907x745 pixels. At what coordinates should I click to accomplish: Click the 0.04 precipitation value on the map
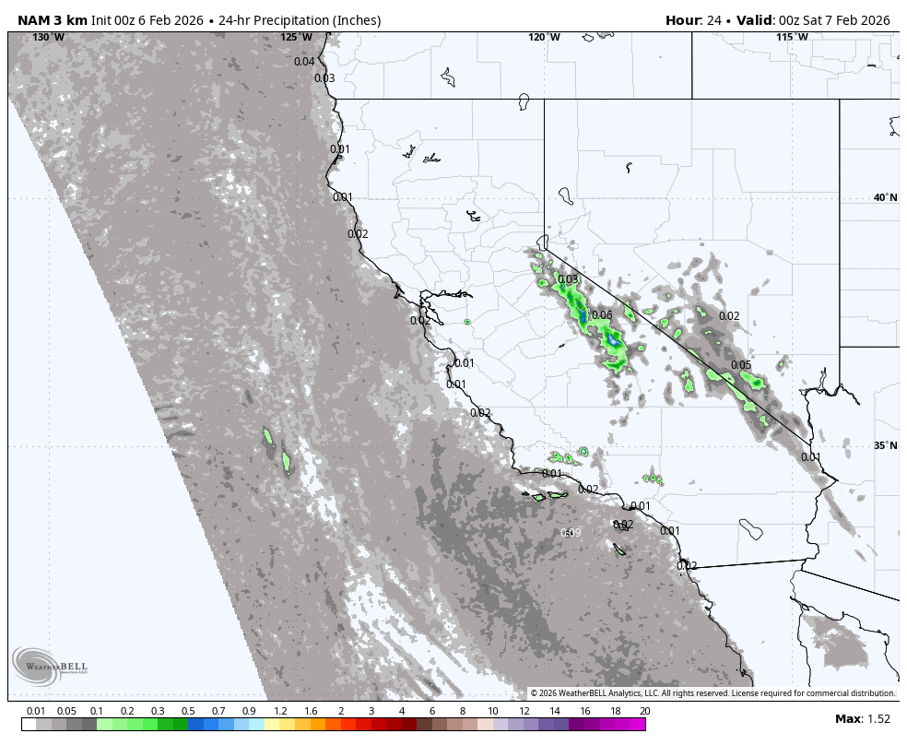coord(304,62)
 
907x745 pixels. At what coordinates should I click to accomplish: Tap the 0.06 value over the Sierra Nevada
coord(602,315)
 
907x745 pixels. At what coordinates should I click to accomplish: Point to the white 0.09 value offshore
coord(571,533)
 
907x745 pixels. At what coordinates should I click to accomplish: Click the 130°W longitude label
coord(48,38)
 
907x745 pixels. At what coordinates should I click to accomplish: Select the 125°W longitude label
coord(296,38)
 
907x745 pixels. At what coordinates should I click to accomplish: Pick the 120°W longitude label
coord(544,38)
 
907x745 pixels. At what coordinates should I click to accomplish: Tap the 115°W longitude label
coord(792,38)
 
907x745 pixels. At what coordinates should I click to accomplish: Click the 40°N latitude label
coord(885,197)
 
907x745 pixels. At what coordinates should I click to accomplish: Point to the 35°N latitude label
coord(885,446)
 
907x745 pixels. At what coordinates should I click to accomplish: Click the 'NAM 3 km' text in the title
coord(52,20)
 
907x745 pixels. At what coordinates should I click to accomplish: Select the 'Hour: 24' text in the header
coord(696,20)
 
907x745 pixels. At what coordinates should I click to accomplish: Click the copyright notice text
coord(712,693)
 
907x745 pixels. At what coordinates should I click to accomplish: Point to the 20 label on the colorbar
coord(644,711)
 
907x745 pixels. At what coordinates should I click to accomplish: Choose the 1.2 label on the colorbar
coord(280,711)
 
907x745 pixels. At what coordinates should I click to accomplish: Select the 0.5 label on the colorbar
coord(188,711)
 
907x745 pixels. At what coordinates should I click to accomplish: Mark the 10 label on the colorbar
coord(493,711)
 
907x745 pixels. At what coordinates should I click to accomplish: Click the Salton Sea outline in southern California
coord(751,529)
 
